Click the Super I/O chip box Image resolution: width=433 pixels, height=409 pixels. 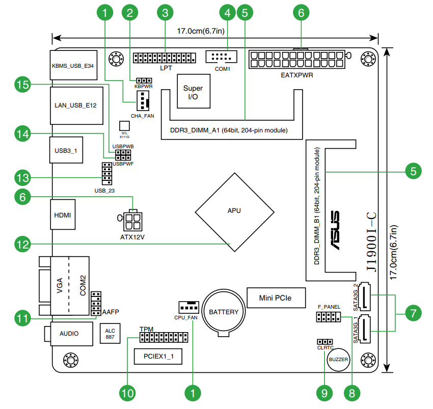pos(193,92)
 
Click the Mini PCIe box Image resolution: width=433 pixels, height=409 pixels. pos(275,297)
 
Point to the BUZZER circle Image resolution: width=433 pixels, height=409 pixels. pos(338,360)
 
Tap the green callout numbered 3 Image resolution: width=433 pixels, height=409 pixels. pos(164,13)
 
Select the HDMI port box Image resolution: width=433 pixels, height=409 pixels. pos(63,215)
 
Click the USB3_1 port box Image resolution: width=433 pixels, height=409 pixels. pos(66,151)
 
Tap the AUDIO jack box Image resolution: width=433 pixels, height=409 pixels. pos(69,334)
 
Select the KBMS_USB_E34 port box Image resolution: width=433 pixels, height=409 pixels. pos(73,66)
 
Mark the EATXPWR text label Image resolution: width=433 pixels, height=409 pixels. pos(296,75)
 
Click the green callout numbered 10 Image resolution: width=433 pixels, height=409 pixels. pos(127,393)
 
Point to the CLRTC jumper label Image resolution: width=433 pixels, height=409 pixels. pos(325,348)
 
